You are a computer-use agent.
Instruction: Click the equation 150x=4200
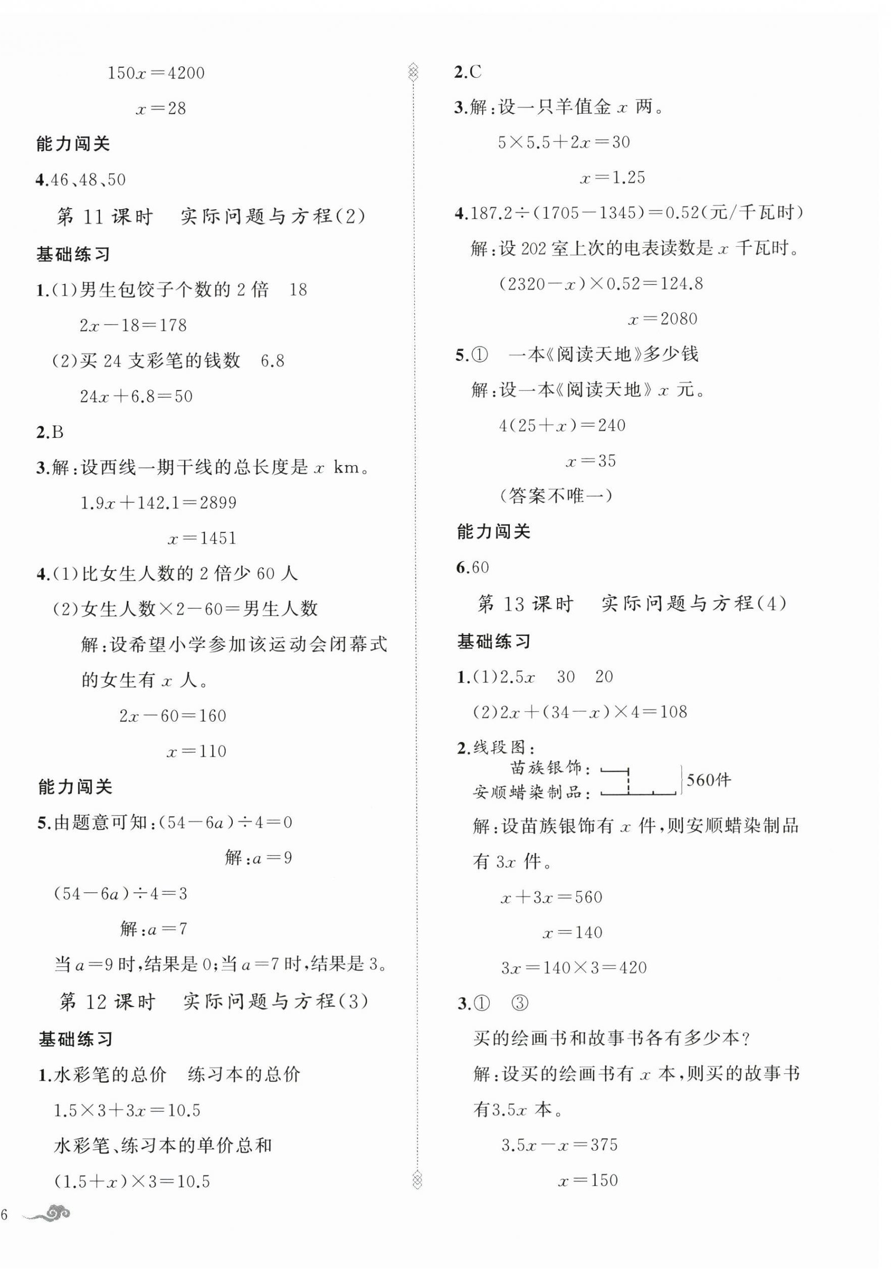coord(156,73)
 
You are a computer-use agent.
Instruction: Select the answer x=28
coord(161,108)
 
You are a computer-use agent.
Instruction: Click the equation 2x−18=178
coord(133,325)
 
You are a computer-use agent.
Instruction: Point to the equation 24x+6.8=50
coord(136,396)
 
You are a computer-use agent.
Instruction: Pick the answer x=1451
coord(202,538)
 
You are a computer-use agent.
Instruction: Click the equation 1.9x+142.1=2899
coord(158,503)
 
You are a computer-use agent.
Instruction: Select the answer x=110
coord(197,751)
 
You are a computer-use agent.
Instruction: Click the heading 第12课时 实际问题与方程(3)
coord(214,1002)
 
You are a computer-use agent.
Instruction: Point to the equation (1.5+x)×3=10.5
coord(132,1181)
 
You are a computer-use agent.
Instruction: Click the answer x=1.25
coord(612,178)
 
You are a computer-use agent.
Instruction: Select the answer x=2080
coord(663,319)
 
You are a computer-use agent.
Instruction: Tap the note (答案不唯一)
coord(556,496)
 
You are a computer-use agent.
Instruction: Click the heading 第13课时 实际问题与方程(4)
coord(632,604)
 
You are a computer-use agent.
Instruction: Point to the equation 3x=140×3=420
coord(574,968)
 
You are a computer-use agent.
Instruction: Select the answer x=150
coord(588,1180)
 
